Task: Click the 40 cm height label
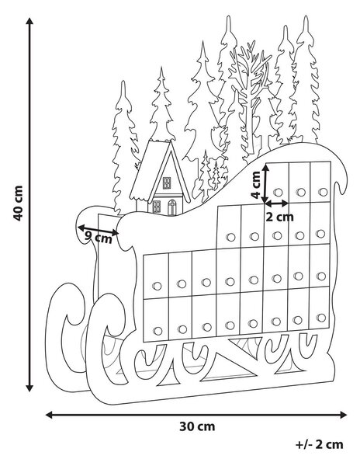[18, 203]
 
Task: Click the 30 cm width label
[197, 426]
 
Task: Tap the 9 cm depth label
[99, 237]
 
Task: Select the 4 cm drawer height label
[255, 185]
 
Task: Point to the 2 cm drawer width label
[279, 217]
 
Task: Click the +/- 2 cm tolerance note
[320, 444]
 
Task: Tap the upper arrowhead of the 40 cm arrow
[29, 22]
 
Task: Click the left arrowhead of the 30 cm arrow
[50, 415]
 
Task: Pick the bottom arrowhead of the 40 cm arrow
[29, 388]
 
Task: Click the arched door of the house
[171, 207]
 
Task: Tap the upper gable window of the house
[167, 183]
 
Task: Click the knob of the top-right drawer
[323, 192]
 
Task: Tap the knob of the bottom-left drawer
[157, 331]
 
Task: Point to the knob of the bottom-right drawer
[321, 318]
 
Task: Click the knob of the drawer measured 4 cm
[278, 193]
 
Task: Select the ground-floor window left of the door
[156, 207]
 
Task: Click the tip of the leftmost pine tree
[123, 81]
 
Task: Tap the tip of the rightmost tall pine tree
[306, 16]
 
